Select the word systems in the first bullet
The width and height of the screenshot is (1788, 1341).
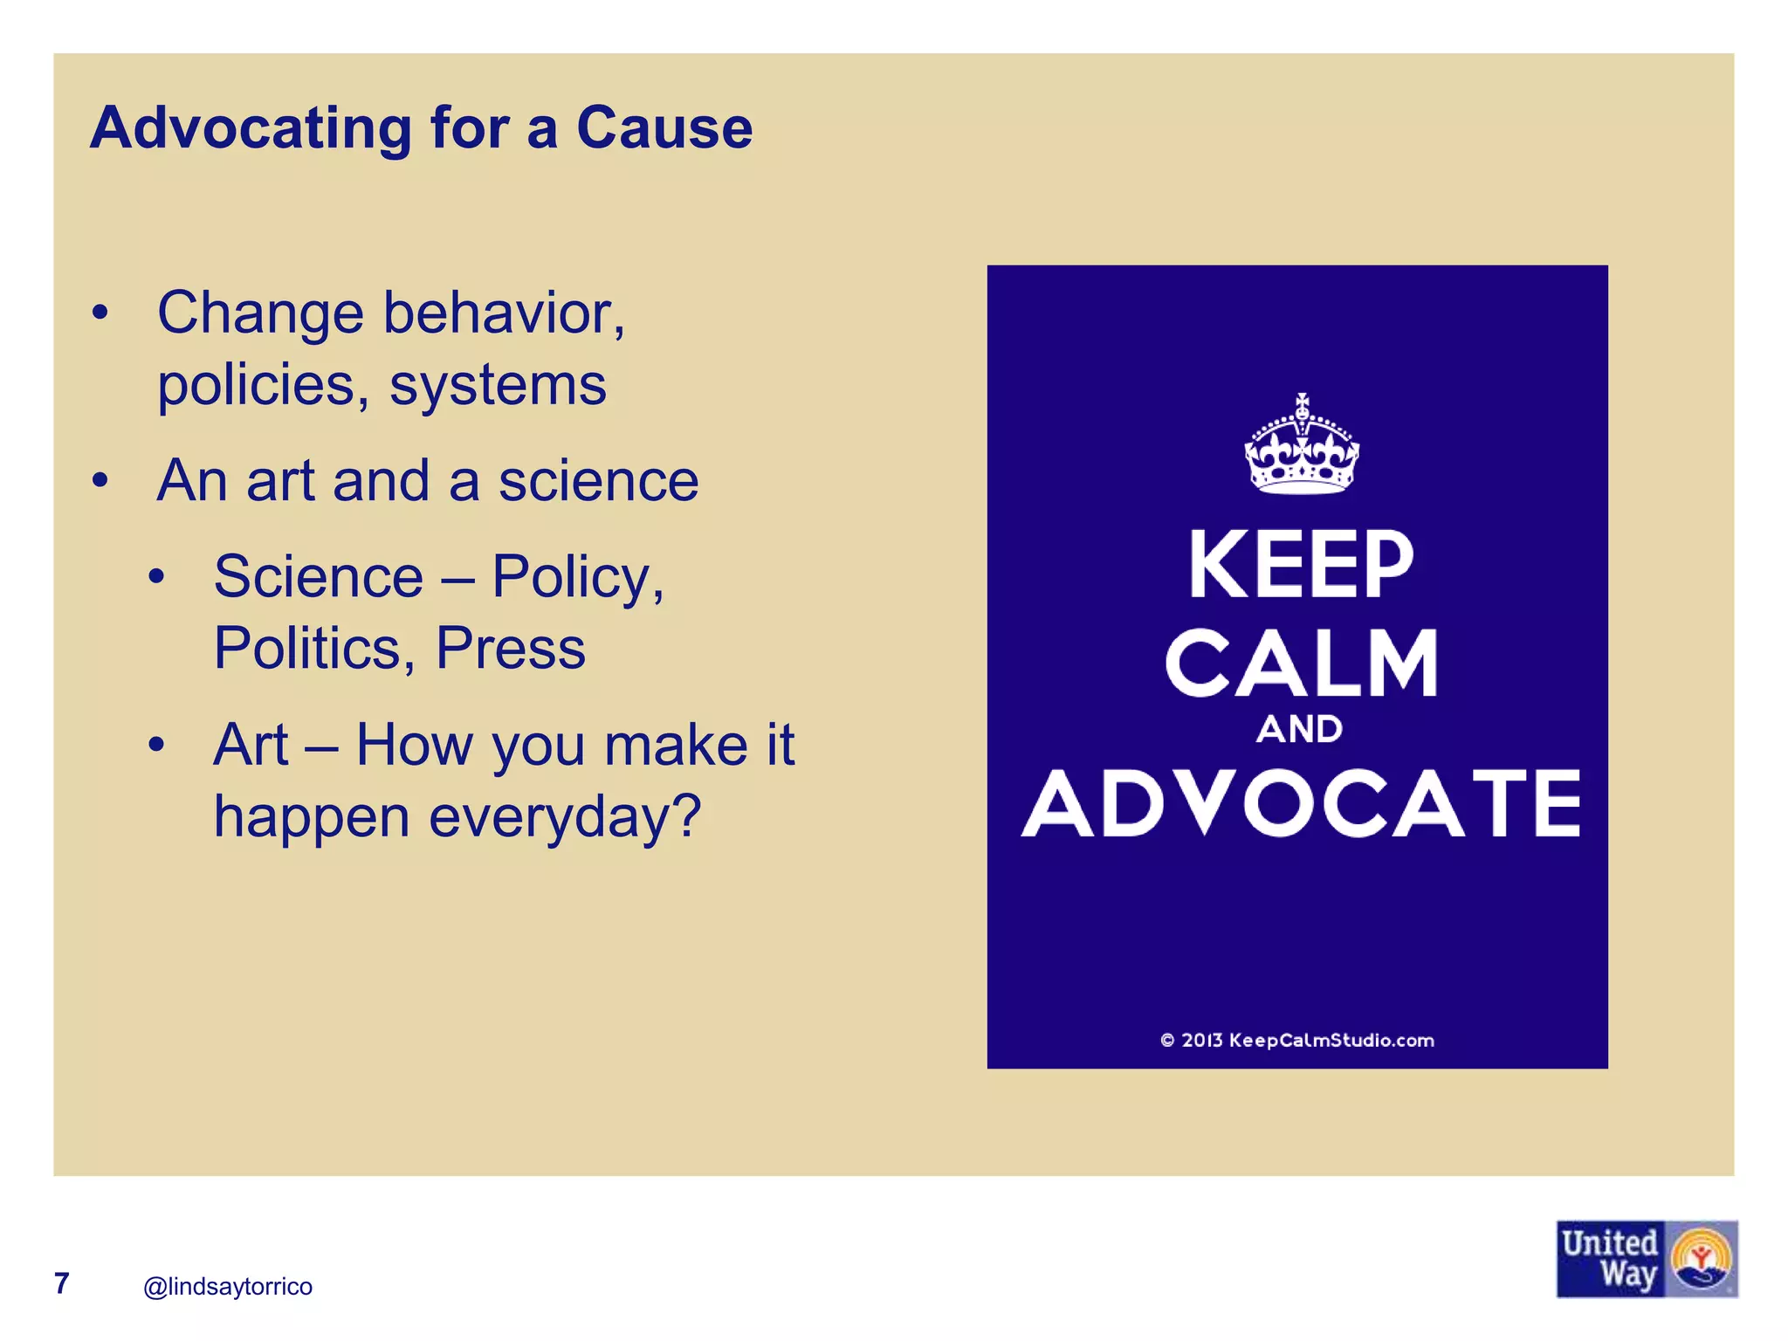(498, 385)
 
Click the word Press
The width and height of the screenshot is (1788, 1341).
(511, 649)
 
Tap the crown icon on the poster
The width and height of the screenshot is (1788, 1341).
(1301, 444)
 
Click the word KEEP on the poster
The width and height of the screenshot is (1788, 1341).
(1301, 565)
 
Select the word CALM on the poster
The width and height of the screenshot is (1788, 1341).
(1301, 663)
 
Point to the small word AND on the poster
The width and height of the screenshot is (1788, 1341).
(1299, 729)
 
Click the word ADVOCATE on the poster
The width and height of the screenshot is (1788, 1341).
(1301, 803)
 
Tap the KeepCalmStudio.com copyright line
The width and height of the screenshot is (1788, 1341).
(1297, 1040)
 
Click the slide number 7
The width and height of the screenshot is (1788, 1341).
(61, 1283)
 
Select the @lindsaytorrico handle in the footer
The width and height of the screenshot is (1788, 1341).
(228, 1286)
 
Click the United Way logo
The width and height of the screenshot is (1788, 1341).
(1647, 1258)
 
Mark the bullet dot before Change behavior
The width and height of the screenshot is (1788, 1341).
(100, 313)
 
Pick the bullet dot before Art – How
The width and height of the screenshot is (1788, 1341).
(156, 745)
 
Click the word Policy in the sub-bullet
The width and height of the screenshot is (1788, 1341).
(576, 578)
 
